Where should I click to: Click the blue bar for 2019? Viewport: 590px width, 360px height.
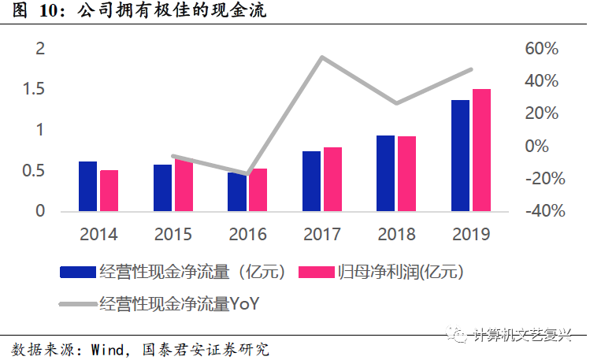pos(460,156)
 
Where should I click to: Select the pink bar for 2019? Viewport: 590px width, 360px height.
pos(481,150)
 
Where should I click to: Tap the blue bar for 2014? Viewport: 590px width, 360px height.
pos(87,187)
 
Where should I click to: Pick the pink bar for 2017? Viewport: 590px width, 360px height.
pos(332,180)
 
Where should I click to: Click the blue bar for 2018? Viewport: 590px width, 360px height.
pos(385,173)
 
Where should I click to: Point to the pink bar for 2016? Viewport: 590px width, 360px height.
pos(258,190)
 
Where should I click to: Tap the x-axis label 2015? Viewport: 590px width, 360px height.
pos(173,234)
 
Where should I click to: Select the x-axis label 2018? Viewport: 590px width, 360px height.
pos(396,234)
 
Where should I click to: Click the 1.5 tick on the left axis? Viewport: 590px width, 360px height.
pos(34,89)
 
